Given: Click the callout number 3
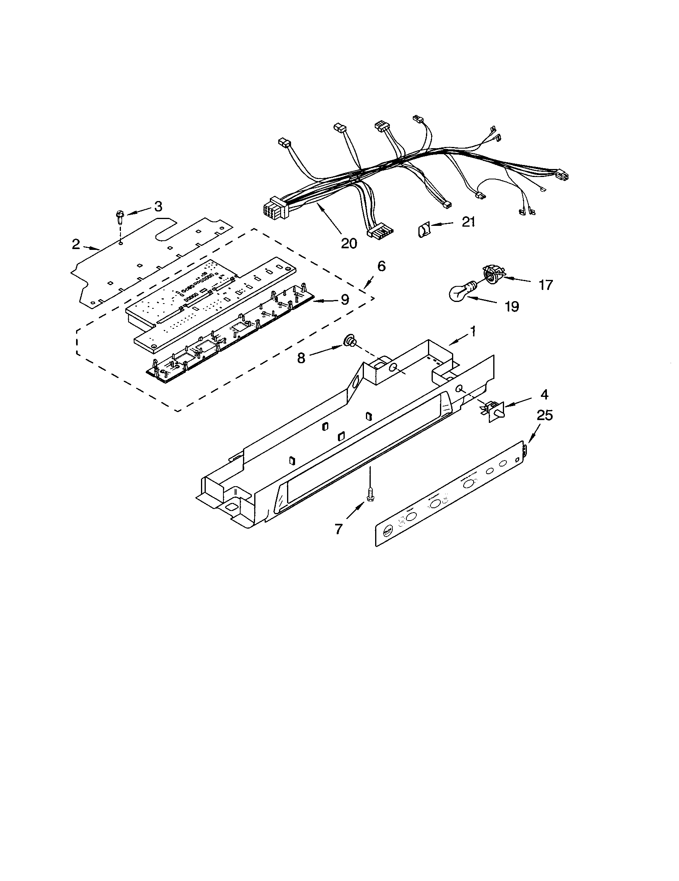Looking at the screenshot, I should point(158,207).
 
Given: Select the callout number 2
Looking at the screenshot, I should point(76,244).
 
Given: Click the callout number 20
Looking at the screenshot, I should point(349,243).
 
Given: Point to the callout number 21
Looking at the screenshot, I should point(468,222).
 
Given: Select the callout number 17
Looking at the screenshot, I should point(546,285).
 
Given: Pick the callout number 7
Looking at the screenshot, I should point(339,529).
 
